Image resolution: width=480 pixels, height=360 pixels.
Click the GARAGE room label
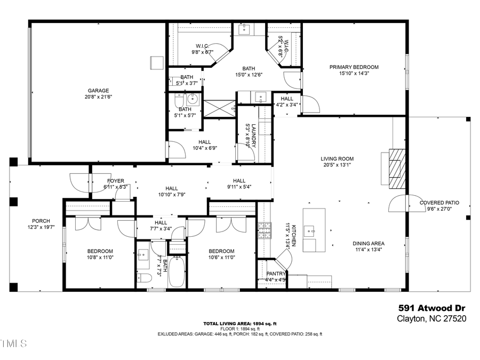click(98, 91)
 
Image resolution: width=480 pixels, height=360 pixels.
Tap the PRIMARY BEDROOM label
click(354, 67)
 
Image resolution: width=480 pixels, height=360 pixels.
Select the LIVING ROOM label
click(337, 159)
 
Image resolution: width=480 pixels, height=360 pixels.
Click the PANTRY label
click(276, 274)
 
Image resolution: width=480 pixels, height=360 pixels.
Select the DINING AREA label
click(369, 244)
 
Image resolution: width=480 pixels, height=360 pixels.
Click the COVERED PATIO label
click(439, 203)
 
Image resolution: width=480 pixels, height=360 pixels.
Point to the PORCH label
click(41, 221)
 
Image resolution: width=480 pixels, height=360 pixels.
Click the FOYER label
click(115, 181)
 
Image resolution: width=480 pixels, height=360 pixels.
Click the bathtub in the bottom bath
click(177, 273)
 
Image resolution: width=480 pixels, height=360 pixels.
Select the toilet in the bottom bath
click(143, 278)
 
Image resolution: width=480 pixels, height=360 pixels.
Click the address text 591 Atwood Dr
click(432, 308)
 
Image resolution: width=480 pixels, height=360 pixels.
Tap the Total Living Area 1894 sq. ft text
click(239, 324)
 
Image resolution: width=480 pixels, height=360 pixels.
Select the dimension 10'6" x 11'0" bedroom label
click(221, 258)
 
